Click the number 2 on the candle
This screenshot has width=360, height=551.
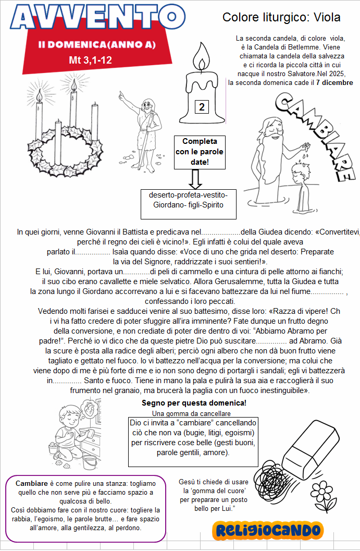click(x=202, y=107)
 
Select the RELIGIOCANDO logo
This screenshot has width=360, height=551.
click(x=268, y=530)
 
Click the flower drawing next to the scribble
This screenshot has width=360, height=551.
click(x=324, y=494)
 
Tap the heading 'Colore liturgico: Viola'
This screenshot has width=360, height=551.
click(x=281, y=17)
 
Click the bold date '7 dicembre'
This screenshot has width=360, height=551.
click(x=334, y=82)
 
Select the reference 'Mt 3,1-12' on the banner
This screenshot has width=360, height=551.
click(x=90, y=60)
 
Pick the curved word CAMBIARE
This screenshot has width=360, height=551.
click(x=318, y=130)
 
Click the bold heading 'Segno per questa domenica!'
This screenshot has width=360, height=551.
click(x=194, y=403)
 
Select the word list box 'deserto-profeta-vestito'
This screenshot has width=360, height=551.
click(x=188, y=200)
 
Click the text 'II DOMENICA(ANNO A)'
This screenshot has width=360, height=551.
click(x=97, y=45)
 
